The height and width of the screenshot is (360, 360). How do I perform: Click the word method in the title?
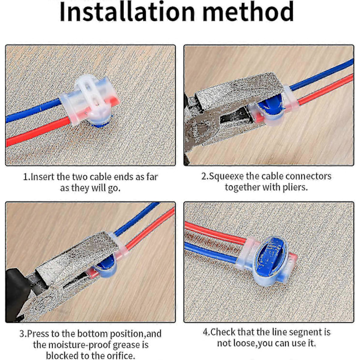click(x=248, y=11)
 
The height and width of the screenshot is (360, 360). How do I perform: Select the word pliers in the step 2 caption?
click(x=295, y=188)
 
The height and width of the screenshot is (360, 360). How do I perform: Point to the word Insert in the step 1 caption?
click(x=43, y=177)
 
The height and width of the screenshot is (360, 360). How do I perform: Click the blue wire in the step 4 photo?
click(x=211, y=252)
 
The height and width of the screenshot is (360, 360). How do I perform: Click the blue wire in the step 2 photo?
click(x=322, y=75)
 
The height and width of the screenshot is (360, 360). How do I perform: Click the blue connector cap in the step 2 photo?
click(x=272, y=109)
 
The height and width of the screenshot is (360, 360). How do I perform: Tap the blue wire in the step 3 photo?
click(x=137, y=219)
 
